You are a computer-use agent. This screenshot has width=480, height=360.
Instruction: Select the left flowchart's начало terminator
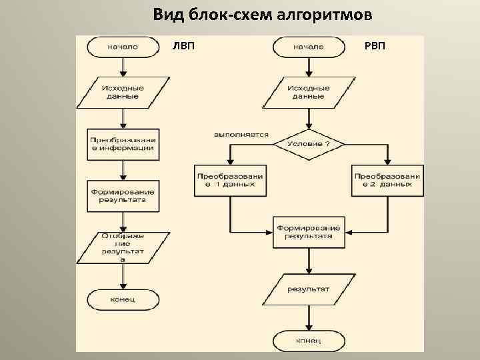click(x=122, y=47)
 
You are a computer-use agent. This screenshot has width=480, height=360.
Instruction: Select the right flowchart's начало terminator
click(x=307, y=47)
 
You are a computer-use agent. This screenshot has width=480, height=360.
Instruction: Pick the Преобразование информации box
click(x=122, y=144)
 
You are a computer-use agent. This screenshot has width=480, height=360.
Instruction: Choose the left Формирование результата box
click(x=122, y=195)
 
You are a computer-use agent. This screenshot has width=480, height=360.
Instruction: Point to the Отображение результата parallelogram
click(x=122, y=247)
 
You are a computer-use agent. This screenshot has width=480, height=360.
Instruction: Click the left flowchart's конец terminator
click(x=122, y=299)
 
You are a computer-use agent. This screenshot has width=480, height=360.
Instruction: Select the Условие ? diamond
click(x=307, y=144)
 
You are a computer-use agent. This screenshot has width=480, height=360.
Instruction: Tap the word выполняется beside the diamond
click(x=241, y=134)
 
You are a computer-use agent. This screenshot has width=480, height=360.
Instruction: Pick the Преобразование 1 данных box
click(x=230, y=180)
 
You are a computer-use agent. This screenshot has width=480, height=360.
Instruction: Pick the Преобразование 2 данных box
click(x=387, y=180)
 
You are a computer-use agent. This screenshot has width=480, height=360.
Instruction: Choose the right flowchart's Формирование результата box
click(x=307, y=231)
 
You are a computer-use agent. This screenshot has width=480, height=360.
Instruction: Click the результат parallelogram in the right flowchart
click(x=307, y=289)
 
